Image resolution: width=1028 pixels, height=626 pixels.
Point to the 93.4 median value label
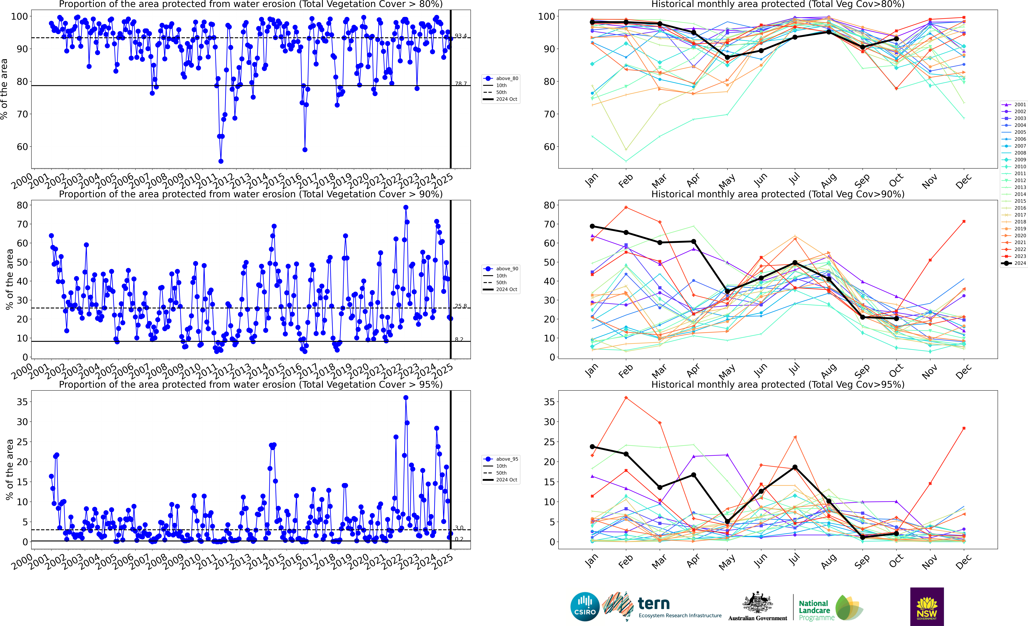pyautogui.click(x=461, y=36)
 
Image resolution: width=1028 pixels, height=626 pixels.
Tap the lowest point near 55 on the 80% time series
pyautogui.click(x=221, y=161)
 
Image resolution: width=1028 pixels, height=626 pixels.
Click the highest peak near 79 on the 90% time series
pyautogui.click(x=405, y=207)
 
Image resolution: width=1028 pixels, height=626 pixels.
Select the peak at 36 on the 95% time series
pyautogui.click(x=405, y=398)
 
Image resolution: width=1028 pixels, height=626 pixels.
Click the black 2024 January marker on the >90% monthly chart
pyautogui.click(x=592, y=226)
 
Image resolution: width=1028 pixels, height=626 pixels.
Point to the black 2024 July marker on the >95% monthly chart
pyautogui.click(x=795, y=467)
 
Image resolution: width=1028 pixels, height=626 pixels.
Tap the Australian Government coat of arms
pyautogui.click(x=757, y=603)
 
